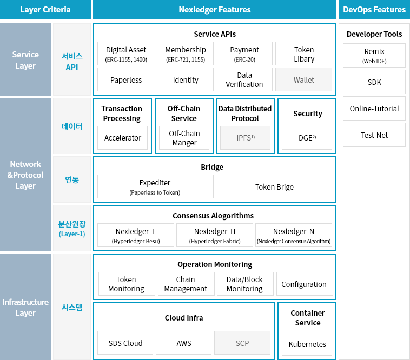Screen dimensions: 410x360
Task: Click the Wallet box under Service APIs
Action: point(303,79)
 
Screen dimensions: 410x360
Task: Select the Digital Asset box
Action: point(126,54)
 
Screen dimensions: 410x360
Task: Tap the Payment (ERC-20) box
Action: point(244,54)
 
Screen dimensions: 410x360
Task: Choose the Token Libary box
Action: point(303,54)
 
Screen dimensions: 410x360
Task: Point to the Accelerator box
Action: point(123,138)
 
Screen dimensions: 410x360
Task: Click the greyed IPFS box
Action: point(245,138)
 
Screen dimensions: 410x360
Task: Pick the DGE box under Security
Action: point(307,138)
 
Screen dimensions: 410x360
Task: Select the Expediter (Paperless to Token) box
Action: point(155,186)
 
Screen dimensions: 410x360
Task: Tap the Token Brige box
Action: point(274,186)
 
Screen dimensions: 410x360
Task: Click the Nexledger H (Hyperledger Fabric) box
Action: point(215,235)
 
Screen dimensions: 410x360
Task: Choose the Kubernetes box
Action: point(307,344)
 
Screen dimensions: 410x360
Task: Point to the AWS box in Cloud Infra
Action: point(183,343)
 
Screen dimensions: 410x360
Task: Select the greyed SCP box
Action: point(242,343)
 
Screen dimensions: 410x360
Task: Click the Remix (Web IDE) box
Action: point(374,55)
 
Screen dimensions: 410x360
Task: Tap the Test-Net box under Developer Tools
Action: point(374,135)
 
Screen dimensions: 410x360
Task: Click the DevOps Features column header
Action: point(374,9)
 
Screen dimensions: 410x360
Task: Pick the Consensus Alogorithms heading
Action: point(213,216)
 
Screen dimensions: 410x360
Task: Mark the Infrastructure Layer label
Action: point(25,307)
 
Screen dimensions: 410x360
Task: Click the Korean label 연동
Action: point(72,180)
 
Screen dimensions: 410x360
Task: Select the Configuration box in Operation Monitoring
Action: point(305,284)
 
